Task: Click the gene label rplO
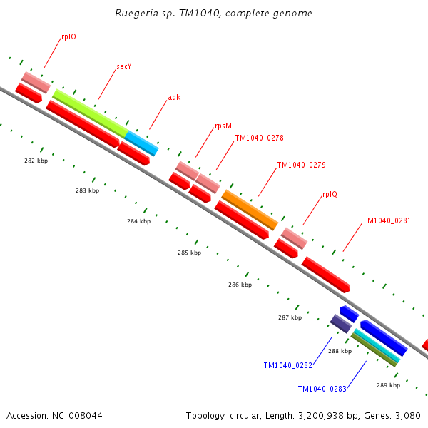(68, 36)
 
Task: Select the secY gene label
(124, 67)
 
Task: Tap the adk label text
(174, 97)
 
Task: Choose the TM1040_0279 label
(301, 165)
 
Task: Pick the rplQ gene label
(330, 194)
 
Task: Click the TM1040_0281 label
(387, 221)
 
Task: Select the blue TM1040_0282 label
(287, 366)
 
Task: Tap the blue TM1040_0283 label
(322, 389)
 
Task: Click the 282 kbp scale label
(36, 160)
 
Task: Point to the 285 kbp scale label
(189, 253)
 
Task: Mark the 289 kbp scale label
(388, 385)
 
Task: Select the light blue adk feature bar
(141, 143)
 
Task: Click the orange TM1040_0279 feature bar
(250, 210)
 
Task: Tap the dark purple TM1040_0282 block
(340, 324)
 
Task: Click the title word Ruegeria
(137, 14)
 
